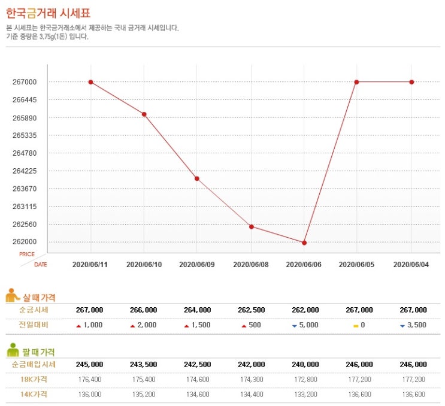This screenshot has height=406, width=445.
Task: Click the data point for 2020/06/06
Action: click(304, 243)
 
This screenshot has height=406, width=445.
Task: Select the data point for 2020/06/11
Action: click(90, 82)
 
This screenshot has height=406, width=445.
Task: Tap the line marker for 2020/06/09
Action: click(196, 178)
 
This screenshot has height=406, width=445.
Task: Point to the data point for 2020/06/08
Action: click(251, 226)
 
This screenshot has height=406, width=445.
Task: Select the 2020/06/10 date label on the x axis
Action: click(144, 264)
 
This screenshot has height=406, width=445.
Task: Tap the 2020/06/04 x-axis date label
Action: click(411, 264)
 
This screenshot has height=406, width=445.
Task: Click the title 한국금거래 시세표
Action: click(49, 13)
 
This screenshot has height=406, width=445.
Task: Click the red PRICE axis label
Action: click(27, 254)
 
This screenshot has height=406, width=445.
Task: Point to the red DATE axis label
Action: click(40, 264)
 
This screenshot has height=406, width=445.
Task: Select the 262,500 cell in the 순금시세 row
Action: click(251, 310)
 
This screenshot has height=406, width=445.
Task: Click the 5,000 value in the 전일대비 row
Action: click(308, 325)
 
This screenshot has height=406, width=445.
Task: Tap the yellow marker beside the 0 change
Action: click(355, 325)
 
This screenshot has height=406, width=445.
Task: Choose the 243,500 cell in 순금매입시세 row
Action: click(144, 364)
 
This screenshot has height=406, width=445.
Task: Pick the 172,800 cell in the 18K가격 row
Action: click(304, 379)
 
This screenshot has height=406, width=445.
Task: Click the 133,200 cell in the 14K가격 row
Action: click(304, 394)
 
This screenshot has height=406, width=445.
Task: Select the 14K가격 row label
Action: click(34, 394)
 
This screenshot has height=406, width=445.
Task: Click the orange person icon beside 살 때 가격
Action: click(13, 296)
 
